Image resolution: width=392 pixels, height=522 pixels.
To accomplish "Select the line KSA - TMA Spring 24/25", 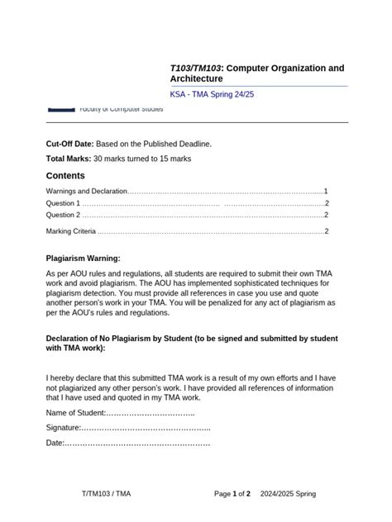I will [x=217, y=95].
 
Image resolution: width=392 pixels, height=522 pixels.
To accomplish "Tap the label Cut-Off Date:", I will [x=70, y=144].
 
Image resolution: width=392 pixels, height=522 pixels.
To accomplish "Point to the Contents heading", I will [x=65, y=176].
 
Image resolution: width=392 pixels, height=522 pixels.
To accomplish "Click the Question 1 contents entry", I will [x=64, y=203].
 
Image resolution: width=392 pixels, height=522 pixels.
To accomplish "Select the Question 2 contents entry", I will [x=64, y=215].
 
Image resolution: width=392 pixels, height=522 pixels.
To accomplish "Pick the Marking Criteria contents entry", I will [x=71, y=231].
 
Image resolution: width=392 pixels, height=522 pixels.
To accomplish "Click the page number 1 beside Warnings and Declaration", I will [x=327, y=191].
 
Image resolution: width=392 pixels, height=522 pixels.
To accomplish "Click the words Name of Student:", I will [x=76, y=412].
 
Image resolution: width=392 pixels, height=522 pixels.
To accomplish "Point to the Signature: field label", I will [x=64, y=428].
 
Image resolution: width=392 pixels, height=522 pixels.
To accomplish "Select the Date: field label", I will [x=55, y=444].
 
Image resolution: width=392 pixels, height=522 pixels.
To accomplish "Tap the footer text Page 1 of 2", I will [x=232, y=494].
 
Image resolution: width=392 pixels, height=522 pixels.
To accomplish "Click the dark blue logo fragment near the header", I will [x=60, y=108].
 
